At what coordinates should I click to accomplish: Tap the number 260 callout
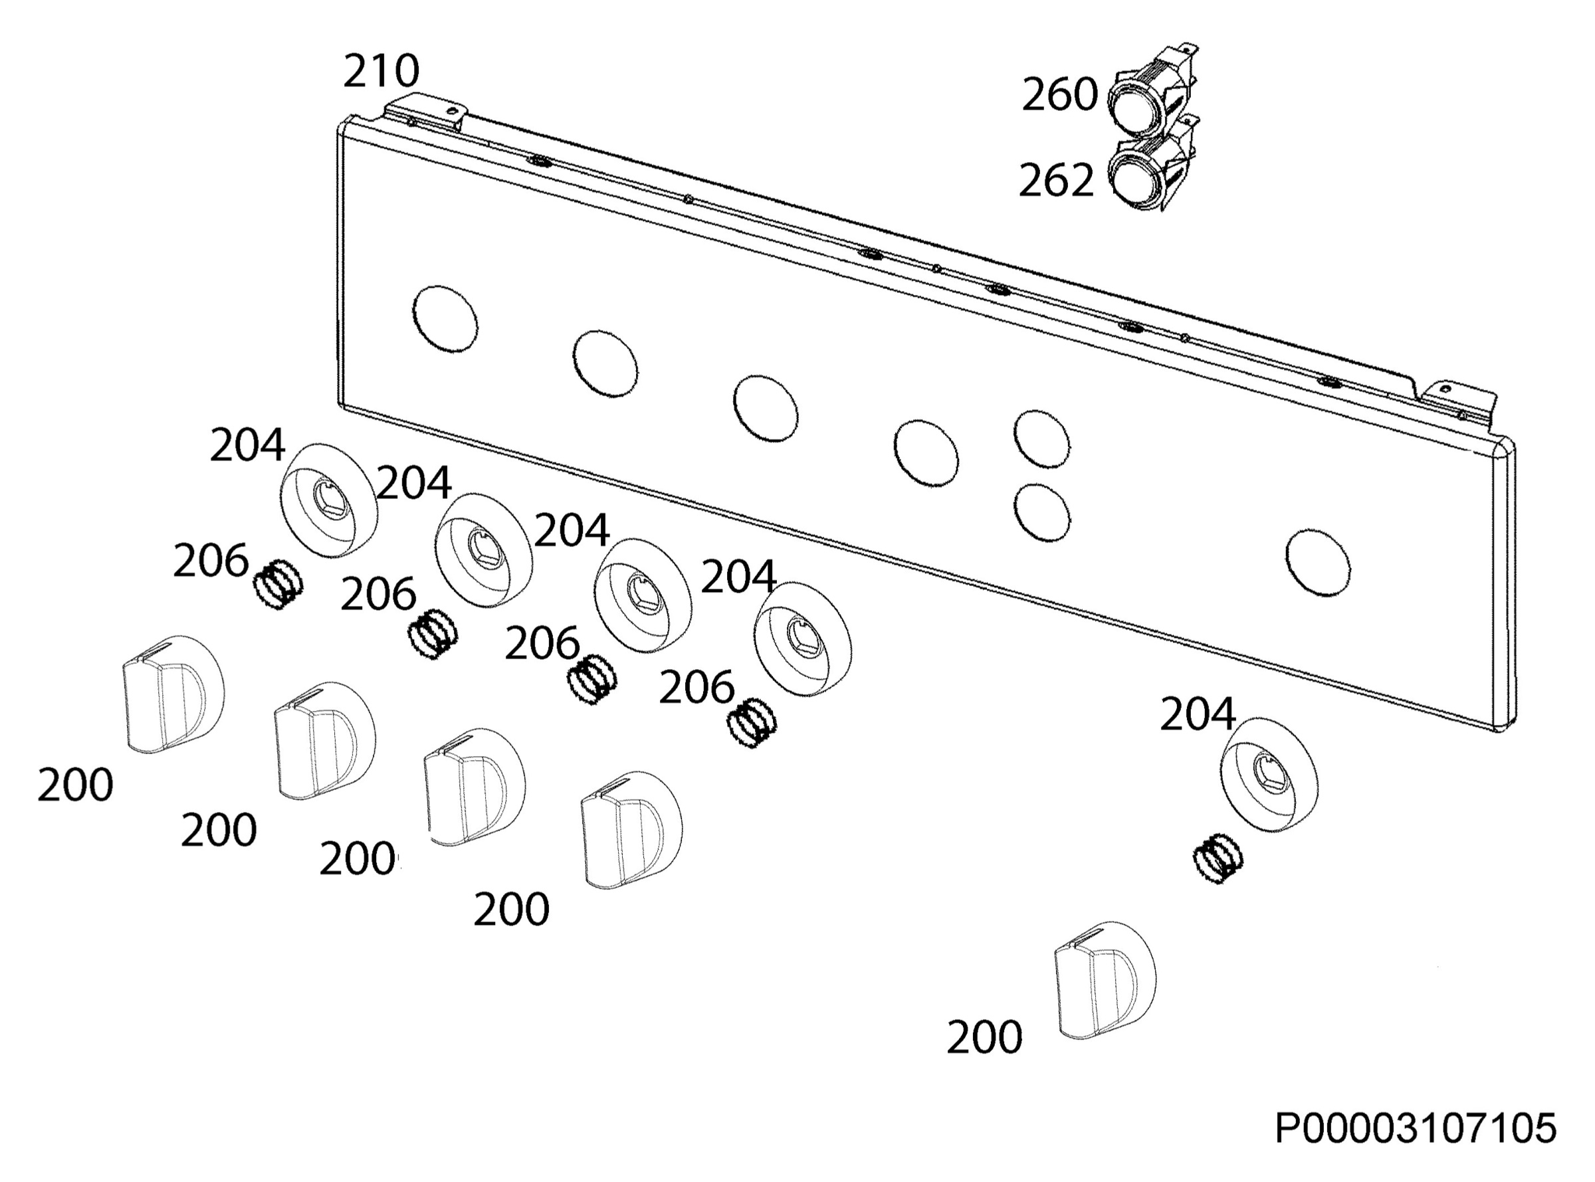(x=1059, y=94)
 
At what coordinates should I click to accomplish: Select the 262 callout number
(x=1056, y=180)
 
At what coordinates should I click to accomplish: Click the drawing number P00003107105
(x=1416, y=1128)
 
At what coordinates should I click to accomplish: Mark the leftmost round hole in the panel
(x=445, y=319)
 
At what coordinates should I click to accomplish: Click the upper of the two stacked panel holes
(x=1042, y=439)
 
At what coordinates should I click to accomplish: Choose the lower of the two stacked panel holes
(x=1042, y=512)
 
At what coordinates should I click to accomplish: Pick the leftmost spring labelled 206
(x=278, y=583)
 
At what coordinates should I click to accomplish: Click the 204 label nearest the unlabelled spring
(x=1197, y=714)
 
